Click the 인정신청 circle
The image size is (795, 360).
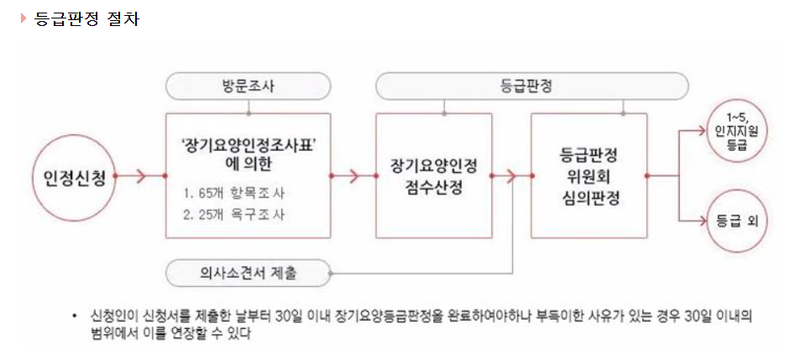point(75,176)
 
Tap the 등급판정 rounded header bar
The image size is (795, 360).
point(532,86)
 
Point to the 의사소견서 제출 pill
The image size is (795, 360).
point(249,273)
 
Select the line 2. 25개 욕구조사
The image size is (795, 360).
point(234,214)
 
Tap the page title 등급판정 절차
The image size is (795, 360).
point(86,18)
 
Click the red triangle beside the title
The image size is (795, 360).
point(24,18)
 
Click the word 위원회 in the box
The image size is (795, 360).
point(588,175)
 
